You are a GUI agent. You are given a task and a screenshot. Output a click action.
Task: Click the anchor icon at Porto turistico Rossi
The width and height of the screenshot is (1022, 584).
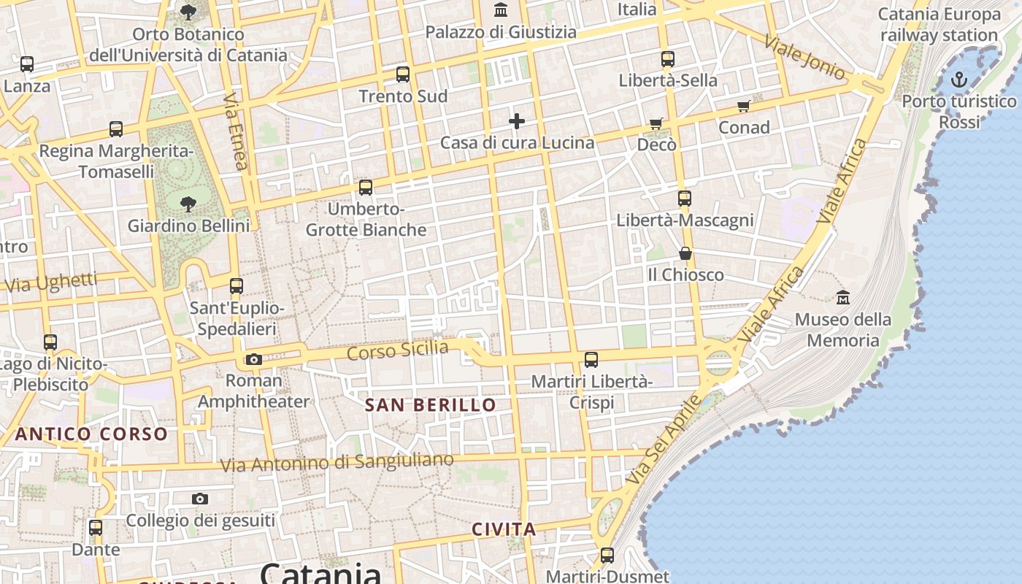tap(958, 80)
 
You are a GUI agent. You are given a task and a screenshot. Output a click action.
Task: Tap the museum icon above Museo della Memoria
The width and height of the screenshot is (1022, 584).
tap(843, 298)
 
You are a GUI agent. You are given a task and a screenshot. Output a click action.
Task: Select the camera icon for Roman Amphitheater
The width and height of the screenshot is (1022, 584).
tap(254, 359)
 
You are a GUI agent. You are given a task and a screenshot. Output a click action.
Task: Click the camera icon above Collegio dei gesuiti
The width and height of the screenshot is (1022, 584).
tap(200, 499)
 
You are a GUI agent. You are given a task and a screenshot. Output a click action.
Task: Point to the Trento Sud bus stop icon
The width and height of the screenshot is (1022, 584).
tap(403, 74)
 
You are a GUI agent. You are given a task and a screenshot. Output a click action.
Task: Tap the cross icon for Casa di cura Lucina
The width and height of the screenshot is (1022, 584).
tap(517, 121)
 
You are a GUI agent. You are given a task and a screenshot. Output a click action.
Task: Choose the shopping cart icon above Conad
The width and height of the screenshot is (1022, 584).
tap(744, 107)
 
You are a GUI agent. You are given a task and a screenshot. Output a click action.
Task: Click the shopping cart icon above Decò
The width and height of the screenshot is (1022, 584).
tap(656, 124)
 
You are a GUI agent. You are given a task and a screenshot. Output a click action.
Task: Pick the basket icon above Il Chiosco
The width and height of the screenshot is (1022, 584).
tap(685, 253)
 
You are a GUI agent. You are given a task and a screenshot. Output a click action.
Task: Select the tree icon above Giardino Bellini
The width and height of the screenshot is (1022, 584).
tap(188, 204)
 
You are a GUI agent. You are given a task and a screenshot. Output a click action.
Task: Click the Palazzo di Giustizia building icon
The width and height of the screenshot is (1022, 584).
tap(501, 10)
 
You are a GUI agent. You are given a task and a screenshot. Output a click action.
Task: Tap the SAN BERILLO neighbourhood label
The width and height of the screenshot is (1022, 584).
tap(430, 405)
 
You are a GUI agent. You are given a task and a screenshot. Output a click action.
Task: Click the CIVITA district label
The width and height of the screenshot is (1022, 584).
tap(504, 529)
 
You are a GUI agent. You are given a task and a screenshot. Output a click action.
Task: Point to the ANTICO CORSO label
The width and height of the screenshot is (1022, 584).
tap(92, 434)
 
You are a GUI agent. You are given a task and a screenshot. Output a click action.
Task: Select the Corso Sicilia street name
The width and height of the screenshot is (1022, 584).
tap(398, 350)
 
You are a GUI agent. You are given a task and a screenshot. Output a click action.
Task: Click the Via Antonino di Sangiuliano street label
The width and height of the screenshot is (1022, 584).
tap(337, 462)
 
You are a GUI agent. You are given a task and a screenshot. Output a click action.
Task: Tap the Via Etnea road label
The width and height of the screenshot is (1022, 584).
tap(235, 131)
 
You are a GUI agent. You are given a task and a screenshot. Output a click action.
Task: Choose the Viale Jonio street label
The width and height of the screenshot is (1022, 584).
tap(804, 57)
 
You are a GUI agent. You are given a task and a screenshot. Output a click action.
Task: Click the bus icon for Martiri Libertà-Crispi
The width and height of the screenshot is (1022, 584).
tap(591, 359)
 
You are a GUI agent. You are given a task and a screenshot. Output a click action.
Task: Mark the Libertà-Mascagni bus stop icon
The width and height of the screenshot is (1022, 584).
tap(684, 199)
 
